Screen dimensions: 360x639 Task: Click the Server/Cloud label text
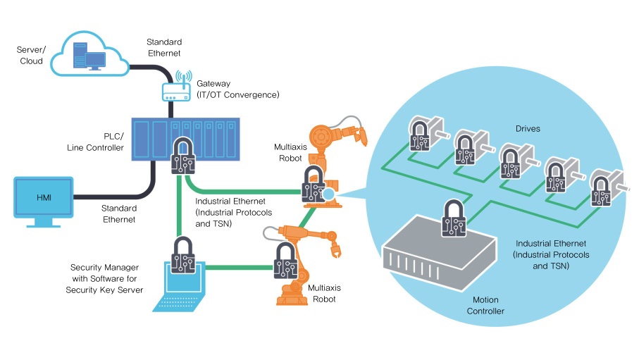tap(30, 55)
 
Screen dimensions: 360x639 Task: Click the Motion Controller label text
tap(485, 305)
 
